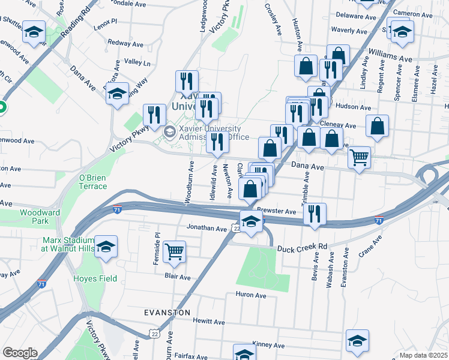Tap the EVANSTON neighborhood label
[x=167, y=313]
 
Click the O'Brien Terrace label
[x=92, y=182]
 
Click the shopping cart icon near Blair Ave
[x=174, y=252]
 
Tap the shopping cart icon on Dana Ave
[x=359, y=157]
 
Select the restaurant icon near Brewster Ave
[x=315, y=214]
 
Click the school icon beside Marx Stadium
[x=106, y=247]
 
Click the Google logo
[x=19, y=353]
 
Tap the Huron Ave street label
[x=251, y=295]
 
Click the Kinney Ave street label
[x=264, y=344]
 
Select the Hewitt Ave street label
[x=208, y=321]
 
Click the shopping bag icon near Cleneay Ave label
[x=378, y=127]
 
